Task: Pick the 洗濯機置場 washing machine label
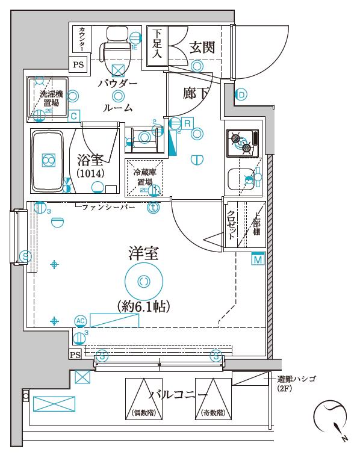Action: pos(51,98)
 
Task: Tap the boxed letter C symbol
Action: pos(73,116)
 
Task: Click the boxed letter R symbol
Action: pos(187,123)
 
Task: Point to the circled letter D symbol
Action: pos(241,94)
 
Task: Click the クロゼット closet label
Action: pos(231,224)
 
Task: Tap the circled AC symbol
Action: pos(80,320)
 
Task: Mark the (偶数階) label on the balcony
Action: pos(144,413)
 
